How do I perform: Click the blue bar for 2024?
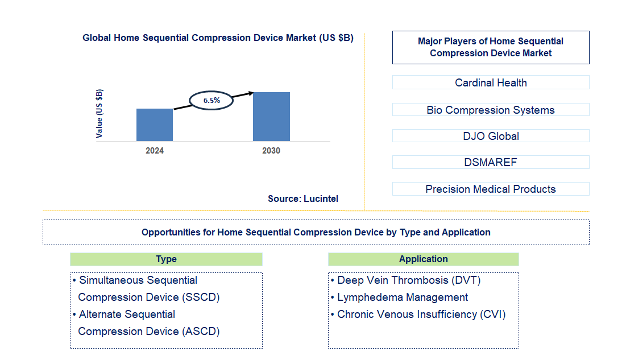155,125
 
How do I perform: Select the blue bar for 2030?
271,117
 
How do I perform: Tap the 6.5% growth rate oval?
212,100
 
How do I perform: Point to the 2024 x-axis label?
155,151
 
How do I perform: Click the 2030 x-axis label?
271,151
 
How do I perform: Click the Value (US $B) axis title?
100,114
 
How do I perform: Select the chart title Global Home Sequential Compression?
218,38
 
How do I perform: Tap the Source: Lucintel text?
303,198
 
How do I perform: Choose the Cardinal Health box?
491,82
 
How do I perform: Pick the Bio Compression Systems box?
491,110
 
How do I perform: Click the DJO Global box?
491,136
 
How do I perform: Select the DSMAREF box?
491,162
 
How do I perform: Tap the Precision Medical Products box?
491,189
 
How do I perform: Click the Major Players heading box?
491,47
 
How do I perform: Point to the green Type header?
166,259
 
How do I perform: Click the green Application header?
423,259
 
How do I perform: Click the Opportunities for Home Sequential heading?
316,232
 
